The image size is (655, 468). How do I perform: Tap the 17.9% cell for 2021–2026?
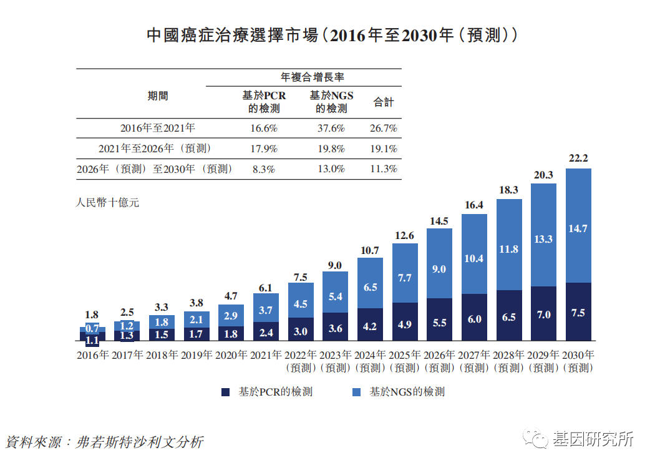click(x=263, y=149)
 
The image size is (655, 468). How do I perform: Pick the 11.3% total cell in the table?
click(x=384, y=169)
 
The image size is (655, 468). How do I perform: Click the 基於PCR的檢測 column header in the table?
click(x=264, y=102)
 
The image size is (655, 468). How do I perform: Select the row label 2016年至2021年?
click(x=158, y=129)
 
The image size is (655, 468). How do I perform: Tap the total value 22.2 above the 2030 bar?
click(x=578, y=158)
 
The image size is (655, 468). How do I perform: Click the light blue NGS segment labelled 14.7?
click(x=578, y=228)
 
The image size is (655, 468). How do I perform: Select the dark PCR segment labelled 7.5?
click(x=578, y=313)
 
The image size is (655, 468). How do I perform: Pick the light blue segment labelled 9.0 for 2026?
click(x=439, y=269)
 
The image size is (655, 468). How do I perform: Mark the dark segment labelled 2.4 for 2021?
click(x=266, y=332)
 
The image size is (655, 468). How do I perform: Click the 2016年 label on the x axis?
click(x=93, y=356)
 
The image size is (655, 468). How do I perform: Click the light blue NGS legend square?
click(x=357, y=392)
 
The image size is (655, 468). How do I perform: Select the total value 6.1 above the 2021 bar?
click(x=266, y=288)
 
